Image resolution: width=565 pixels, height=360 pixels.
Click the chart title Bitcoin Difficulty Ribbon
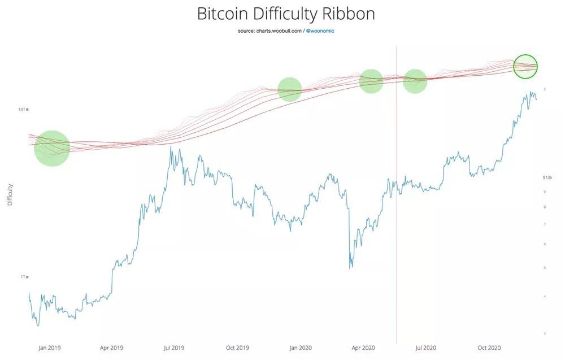coord(286,14)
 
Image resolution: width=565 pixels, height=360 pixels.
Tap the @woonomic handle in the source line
coord(320,31)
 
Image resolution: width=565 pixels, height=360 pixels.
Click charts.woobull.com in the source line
coord(278,31)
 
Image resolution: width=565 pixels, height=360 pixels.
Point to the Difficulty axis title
coord(10,194)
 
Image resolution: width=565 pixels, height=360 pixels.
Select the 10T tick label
coord(23,109)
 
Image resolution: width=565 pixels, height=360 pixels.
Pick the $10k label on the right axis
coord(547,177)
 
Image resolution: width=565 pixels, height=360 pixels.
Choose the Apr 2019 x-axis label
coord(111,348)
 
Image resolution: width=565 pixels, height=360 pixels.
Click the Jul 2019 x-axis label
coord(174,348)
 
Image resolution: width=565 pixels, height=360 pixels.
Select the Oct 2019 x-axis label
coord(237,348)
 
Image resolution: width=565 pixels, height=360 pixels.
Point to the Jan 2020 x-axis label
coord(300,348)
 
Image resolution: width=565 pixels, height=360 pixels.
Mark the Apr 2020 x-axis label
coord(363,348)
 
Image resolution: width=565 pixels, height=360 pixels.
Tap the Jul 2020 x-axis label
coord(425,348)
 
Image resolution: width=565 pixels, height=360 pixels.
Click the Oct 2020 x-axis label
coord(489,348)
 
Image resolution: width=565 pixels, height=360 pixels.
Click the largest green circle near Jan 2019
coord(52,148)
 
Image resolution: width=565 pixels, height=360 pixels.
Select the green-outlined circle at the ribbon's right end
coord(525,66)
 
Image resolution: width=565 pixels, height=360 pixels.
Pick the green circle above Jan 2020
coord(290,89)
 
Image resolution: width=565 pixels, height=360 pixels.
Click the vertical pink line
coord(397,226)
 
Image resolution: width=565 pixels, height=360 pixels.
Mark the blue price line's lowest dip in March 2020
coord(351,267)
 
